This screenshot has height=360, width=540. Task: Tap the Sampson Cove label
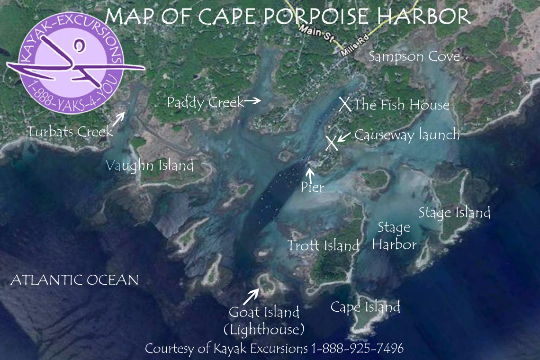tap(414, 57)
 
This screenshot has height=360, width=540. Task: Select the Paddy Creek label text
tap(205, 102)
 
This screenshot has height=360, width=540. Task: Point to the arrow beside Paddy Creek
tap(252, 100)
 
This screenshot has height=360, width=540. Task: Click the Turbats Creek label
tap(70, 132)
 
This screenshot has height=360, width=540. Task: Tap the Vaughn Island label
tap(150, 166)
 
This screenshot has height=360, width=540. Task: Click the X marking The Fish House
tap(345, 104)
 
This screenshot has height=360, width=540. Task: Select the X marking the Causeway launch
tap(332, 143)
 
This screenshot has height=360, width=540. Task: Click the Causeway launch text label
tap(407, 135)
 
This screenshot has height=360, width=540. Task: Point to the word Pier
tap(312, 188)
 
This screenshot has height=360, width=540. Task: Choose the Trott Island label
tap(324, 246)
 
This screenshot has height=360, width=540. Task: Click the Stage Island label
tap(454, 213)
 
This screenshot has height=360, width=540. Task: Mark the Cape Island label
tap(365, 307)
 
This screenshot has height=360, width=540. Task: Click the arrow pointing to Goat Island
tap(251, 297)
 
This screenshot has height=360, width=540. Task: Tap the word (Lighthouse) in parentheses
tap(264, 329)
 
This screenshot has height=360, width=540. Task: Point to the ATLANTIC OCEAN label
tap(74, 280)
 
